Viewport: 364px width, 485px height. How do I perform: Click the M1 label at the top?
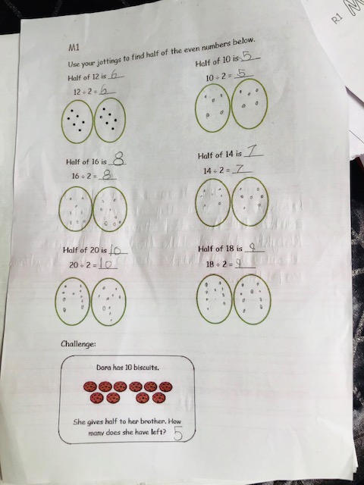(x=74, y=47)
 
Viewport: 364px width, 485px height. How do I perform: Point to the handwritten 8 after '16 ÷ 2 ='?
(x=107, y=175)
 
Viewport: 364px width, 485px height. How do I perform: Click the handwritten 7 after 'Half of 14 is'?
(x=253, y=152)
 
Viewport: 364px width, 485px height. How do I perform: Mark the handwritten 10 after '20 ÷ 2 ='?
(x=108, y=264)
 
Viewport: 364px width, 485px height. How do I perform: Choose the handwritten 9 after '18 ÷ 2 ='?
(x=239, y=264)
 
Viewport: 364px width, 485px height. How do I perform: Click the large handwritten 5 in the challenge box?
(x=178, y=433)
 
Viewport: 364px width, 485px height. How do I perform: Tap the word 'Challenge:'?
(x=78, y=343)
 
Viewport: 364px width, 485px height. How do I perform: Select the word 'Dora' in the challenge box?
(x=104, y=368)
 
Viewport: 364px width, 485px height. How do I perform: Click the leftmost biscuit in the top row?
(x=89, y=386)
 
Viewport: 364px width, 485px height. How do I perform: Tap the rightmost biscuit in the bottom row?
(x=158, y=398)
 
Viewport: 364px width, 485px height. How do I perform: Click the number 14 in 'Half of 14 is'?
(x=229, y=155)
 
